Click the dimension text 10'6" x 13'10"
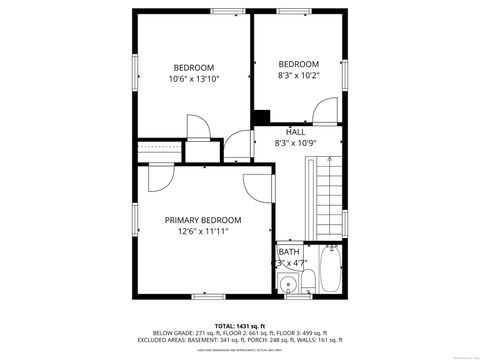click(194, 79)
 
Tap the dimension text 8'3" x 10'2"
click(298, 75)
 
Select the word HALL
click(296, 131)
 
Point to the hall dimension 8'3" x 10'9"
click(296, 143)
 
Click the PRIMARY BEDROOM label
click(203, 220)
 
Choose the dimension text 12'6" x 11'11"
click(203, 231)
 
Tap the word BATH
click(288, 252)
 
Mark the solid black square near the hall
click(263, 117)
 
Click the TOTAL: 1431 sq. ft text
click(240, 326)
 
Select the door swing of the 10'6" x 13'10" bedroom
click(197, 127)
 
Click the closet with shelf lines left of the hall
click(157, 150)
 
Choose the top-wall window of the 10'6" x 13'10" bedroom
click(225, 11)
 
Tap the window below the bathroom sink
click(294, 297)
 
